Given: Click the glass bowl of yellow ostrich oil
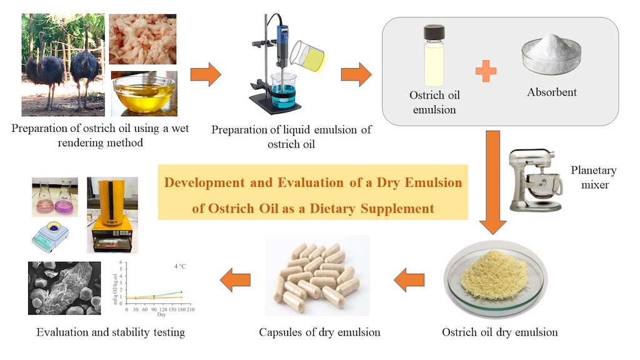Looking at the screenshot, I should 144,92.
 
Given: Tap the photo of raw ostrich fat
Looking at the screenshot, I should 143,39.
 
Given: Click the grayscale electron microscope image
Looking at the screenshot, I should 64,288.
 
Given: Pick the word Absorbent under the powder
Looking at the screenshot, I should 552,92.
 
